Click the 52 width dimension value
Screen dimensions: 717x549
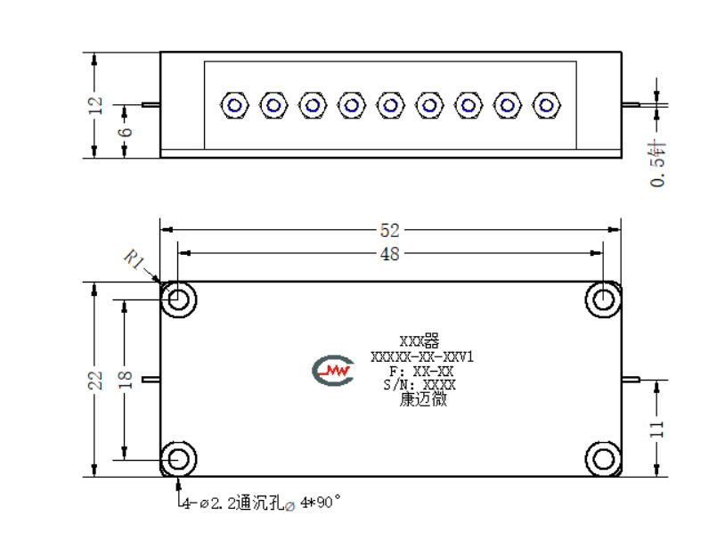point(389,230)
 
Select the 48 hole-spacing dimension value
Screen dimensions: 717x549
point(389,253)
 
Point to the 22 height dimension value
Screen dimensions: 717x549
point(95,381)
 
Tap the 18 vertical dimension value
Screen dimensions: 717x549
point(125,381)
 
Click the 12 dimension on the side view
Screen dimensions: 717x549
point(95,106)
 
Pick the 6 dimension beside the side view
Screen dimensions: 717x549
point(125,132)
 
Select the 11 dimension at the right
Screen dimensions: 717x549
point(656,430)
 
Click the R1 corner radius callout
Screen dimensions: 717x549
point(134,259)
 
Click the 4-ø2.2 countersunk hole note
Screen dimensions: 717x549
point(262,503)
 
